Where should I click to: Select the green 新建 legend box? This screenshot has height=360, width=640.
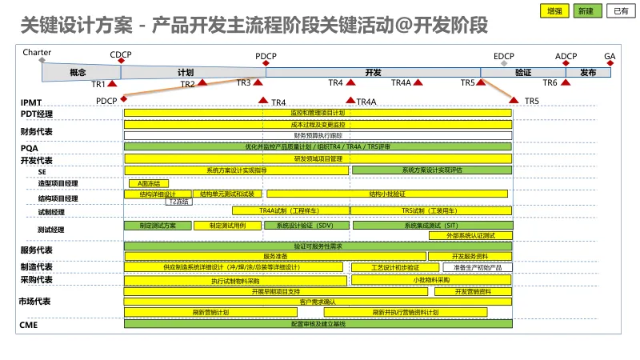click(584, 11)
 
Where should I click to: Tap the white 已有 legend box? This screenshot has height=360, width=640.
click(618, 11)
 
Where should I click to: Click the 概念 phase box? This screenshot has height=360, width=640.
click(78, 72)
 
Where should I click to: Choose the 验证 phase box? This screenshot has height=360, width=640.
click(523, 72)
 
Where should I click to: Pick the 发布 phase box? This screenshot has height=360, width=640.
click(588, 72)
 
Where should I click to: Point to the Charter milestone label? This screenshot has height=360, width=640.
click(37, 52)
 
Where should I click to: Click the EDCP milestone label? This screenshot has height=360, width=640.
click(503, 57)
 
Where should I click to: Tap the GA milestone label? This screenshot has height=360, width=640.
click(610, 57)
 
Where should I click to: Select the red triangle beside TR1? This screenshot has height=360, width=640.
click(112, 83)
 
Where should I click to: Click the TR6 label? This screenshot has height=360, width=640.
click(550, 82)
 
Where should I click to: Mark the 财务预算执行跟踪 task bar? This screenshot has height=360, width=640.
click(318, 135)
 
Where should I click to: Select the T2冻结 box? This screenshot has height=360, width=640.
click(179, 202)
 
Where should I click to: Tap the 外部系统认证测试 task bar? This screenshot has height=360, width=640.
click(470, 236)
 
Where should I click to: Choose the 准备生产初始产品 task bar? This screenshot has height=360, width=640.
click(477, 267)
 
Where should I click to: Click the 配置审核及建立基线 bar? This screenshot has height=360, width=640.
click(318, 323)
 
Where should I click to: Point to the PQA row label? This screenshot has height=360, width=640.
click(29, 148)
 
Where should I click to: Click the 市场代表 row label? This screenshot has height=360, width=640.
click(35, 302)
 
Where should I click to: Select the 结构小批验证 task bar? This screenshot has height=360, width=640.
click(387, 194)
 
